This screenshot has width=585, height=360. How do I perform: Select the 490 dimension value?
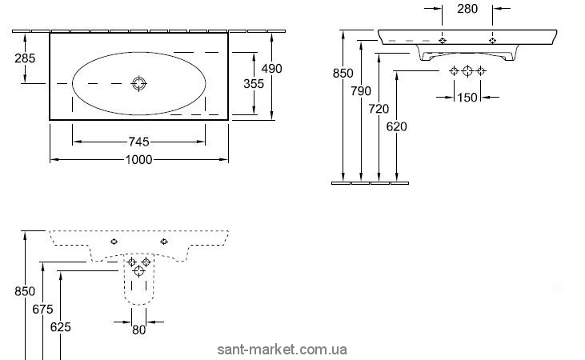tap(272, 69)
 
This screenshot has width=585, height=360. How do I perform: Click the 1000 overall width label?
tap(139, 159)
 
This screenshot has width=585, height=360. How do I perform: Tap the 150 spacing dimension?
tap(467, 97)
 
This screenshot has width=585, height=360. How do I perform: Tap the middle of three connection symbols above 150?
tap(467, 71)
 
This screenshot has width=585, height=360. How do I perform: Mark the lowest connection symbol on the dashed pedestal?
tap(139, 272)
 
